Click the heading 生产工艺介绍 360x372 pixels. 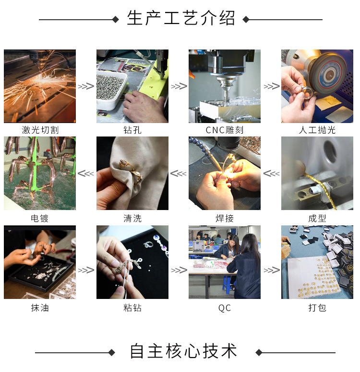pyautogui.click(x=181, y=19)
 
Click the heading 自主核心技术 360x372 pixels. pyautogui.click(x=183, y=351)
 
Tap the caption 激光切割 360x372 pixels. pyautogui.click(x=40, y=130)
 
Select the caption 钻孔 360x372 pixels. pyautogui.click(x=132, y=130)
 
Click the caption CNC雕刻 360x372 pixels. pyautogui.click(x=225, y=130)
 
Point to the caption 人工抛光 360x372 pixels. pyautogui.click(x=317, y=130)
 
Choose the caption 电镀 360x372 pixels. pyautogui.click(x=40, y=218)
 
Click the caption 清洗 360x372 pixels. pyautogui.click(x=132, y=218)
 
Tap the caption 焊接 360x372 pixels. pyautogui.click(x=225, y=218)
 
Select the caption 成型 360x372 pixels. pyautogui.click(x=317, y=218)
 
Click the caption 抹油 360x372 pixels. pyautogui.click(x=40, y=308)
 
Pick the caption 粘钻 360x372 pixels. pyautogui.click(x=132, y=308)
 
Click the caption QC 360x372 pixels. pyautogui.click(x=225, y=308)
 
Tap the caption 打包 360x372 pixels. pyautogui.click(x=317, y=308)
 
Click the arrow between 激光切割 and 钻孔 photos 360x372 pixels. pyautogui.click(x=86, y=87)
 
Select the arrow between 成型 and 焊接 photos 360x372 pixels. pyautogui.click(x=271, y=174)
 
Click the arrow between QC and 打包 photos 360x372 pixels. pyautogui.click(x=271, y=270)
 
